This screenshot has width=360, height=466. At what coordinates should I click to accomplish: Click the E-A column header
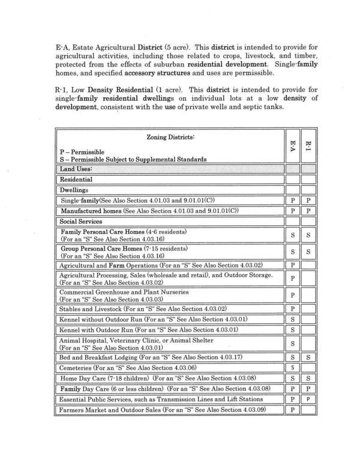(x=292, y=146)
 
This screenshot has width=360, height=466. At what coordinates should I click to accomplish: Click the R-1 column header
(x=308, y=146)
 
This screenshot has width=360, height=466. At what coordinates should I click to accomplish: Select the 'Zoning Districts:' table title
(x=170, y=137)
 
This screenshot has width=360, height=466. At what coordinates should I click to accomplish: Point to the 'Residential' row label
(x=76, y=179)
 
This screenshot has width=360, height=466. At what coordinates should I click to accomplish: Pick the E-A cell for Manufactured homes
(x=292, y=211)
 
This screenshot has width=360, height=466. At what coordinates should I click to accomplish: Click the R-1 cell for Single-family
(x=308, y=200)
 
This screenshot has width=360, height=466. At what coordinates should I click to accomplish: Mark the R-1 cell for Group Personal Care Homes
(x=308, y=252)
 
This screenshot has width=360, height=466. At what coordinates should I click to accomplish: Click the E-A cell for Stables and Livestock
(x=292, y=309)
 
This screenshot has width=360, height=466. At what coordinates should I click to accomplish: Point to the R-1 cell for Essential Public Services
(x=308, y=399)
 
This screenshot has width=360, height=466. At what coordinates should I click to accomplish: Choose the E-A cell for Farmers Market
(x=292, y=410)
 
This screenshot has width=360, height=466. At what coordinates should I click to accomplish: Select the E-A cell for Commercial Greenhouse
(x=292, y=295)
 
